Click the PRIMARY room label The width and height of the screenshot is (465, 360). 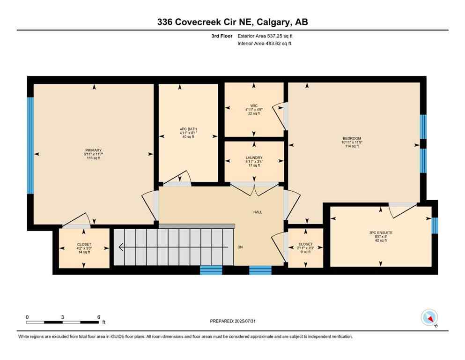(93, 150)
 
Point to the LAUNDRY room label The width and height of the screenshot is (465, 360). (254, 158)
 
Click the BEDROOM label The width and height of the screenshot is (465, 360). (352, 138)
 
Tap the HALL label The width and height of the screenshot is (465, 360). (258, 212)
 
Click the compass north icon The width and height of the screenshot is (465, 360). (429, 318)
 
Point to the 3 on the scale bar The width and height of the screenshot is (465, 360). (62, 317)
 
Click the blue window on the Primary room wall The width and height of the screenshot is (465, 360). (30, 145)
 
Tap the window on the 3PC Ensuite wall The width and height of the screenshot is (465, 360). (434, 225)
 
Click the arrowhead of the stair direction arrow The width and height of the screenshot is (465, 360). (121, 247)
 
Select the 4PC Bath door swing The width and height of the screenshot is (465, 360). (181, 178)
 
